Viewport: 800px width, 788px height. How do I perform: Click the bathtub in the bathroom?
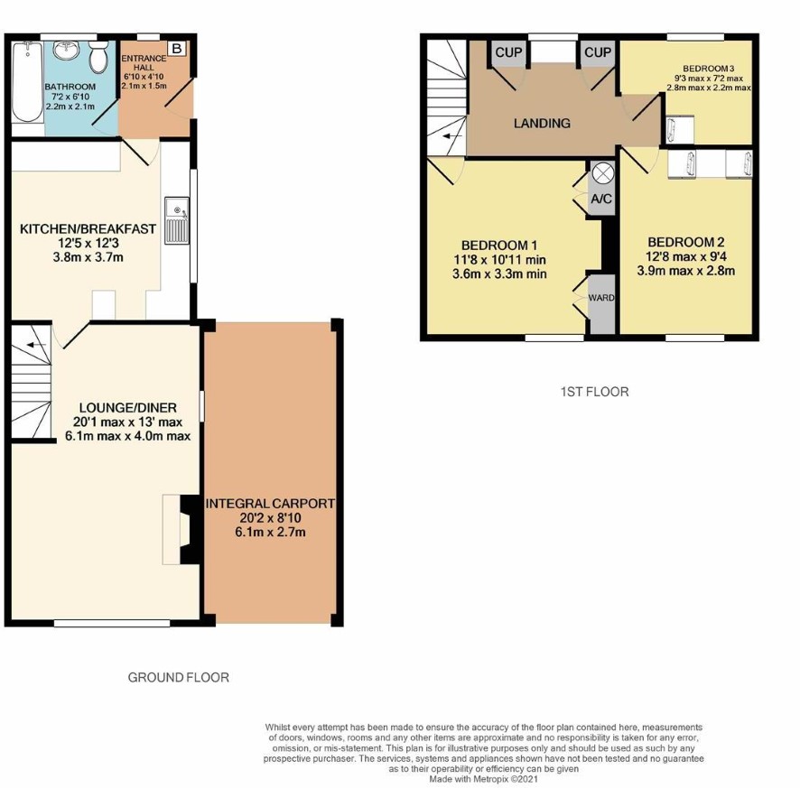coord(27,81)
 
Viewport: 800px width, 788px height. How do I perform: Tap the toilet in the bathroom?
coord(98,56)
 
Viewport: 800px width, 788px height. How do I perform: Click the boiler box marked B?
coord(177,49)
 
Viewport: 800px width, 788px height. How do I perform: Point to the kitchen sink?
coord(177,221)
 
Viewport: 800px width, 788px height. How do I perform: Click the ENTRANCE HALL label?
coord(144,63)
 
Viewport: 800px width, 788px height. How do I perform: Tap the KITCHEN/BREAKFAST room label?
coord(88,229)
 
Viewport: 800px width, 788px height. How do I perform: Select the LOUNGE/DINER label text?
coord(128,408)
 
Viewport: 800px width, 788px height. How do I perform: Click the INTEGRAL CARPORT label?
coord(270,504)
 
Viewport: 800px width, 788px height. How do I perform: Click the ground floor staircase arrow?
coord(36,346)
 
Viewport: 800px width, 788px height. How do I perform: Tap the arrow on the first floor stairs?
coord(452,136)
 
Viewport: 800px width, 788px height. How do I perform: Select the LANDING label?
coord(542,124)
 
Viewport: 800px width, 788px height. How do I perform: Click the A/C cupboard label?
coord(601,199)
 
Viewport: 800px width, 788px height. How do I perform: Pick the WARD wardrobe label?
coord(601,298)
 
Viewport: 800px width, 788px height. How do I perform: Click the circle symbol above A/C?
coord(602,173)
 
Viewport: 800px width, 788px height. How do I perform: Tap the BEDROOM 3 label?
coord(709,69)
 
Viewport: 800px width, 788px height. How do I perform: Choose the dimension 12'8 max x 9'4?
coord(686,256)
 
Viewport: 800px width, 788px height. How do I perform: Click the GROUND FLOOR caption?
coord(179,677)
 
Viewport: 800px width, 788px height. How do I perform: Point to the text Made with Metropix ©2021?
coord(483,779)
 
